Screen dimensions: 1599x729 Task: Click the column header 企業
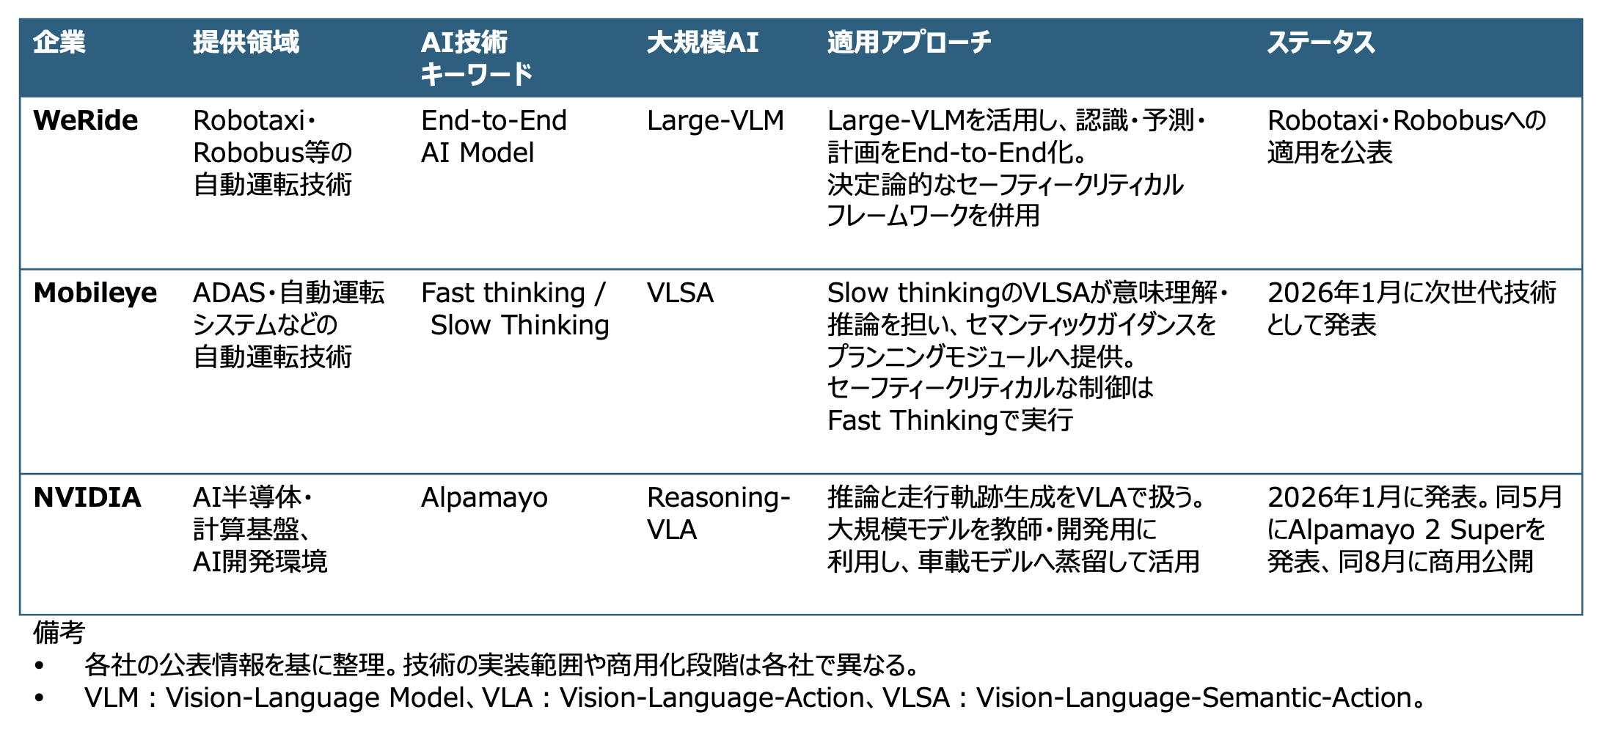pos(59,43)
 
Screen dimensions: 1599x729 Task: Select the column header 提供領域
pos(246,43)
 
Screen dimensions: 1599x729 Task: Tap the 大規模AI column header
pos(703,43)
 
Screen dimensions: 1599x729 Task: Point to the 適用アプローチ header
pos(909,43)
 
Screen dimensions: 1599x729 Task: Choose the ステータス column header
pos(1321,43)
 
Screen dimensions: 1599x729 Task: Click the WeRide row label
pos(86,120)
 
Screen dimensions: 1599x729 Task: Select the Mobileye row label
pos(95,293)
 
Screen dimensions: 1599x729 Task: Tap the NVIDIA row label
pos(87,497)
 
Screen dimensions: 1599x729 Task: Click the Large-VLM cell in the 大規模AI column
pos(715,120)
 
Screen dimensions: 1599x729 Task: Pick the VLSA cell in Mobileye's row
pos(680,293)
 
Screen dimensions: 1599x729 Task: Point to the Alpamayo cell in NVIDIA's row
pos(484,498)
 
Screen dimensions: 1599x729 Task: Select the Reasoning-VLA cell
pos(718,513)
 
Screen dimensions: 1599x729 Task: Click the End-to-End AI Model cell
pos(494,136)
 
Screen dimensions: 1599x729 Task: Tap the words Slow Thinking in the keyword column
pos(519,325)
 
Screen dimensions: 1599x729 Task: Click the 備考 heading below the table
pos(59,631)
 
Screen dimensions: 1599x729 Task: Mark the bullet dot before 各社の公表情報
pos(40,666)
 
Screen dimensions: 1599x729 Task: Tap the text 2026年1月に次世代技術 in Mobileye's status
pos(1411,293)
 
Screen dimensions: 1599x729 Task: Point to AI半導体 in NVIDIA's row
pos(247,497)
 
